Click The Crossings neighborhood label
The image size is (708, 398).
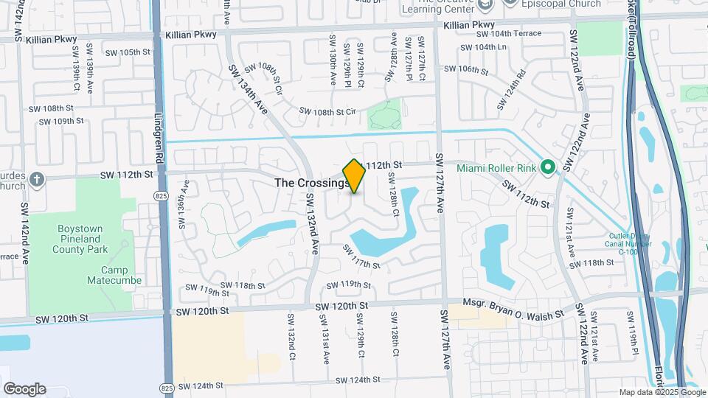pyautogui.click(x=310, y=182)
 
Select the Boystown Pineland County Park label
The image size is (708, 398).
pyautogui.click(x=86, y=240)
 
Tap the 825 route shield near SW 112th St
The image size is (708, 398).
pyautogui.click(x=160, y=195)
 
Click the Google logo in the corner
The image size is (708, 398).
pyautogui.click(x=24, y=388)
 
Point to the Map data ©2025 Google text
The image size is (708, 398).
pyautogui.click(x=662, y=392)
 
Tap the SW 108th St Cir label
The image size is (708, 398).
pyautogui.click(x=327, y=111)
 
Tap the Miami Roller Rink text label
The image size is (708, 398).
pyautogui.click(x=498, y=169)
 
